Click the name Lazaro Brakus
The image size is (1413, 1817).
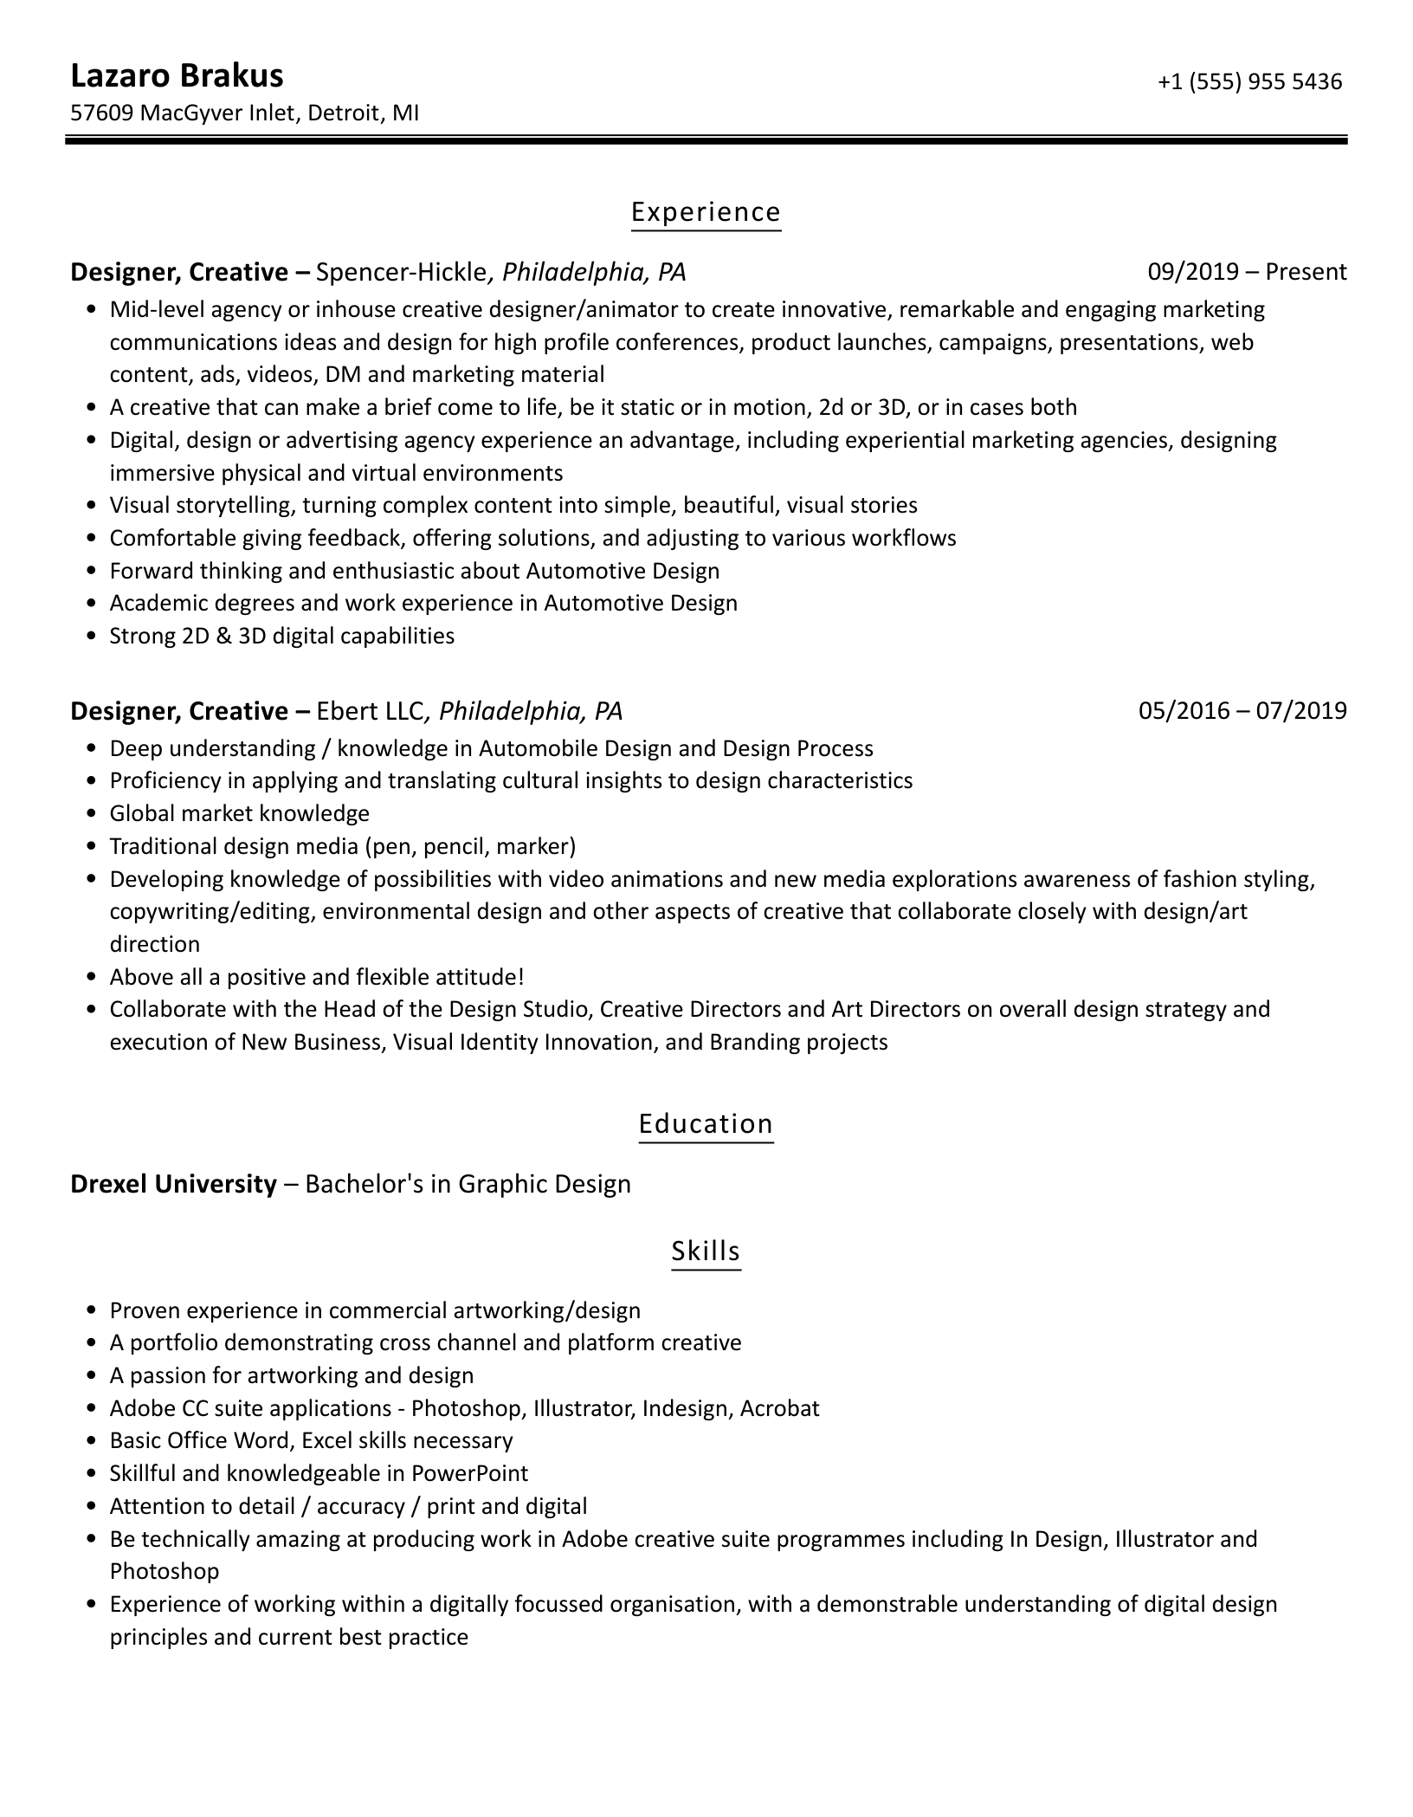click(x=177, y=76)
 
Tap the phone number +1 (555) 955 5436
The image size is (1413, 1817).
click(x=1249, y=81)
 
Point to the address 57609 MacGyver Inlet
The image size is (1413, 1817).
click(x=183, y=113)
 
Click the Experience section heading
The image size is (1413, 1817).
click(x=706, y=212)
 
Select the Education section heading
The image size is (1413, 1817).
click(x=706, y=1124)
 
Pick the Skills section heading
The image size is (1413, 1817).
click(x=706, y=1251)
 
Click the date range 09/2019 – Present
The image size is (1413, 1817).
click(x=1247, y=272)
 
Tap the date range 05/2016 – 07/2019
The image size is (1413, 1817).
click(x=1242, y=711)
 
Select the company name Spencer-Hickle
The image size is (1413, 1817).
click(x=401, y=272)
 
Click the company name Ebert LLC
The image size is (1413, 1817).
click(x=370, y=711)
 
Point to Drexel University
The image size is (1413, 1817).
click(x=173, y=1184)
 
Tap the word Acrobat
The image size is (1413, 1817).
click(x=779, y=1408)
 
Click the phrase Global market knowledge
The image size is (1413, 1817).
click(x=240, y=813)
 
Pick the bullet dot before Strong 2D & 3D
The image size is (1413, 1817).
click(x=92, y=637)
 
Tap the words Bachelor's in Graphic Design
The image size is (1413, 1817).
click(x=468, y=1184)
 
